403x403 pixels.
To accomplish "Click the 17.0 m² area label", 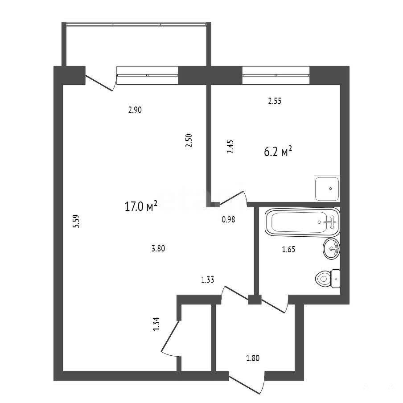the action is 141,206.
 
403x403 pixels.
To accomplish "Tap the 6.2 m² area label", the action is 278,152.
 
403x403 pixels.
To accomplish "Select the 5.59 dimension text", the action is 76,221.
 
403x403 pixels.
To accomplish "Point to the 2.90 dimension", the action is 135,110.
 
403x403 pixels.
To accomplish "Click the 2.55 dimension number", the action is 275,101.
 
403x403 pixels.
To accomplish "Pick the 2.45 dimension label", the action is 230,147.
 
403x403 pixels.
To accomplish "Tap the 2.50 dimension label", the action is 189,140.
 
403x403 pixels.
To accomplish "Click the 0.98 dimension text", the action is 229,219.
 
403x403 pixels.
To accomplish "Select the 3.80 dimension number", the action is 158,249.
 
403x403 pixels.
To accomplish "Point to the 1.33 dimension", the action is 207,280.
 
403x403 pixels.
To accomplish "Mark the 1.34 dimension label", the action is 156,324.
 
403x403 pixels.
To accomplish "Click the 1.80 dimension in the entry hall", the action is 253,358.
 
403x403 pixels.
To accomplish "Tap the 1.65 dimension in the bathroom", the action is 288,249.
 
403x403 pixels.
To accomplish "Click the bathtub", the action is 302,222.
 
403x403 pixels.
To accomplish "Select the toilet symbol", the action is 327,279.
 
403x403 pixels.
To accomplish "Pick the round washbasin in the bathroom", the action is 332,249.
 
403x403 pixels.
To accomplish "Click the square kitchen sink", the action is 327,189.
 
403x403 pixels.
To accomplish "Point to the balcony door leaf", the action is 99,83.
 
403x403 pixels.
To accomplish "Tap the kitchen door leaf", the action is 231,198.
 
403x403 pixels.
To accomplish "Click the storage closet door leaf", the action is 170,336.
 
